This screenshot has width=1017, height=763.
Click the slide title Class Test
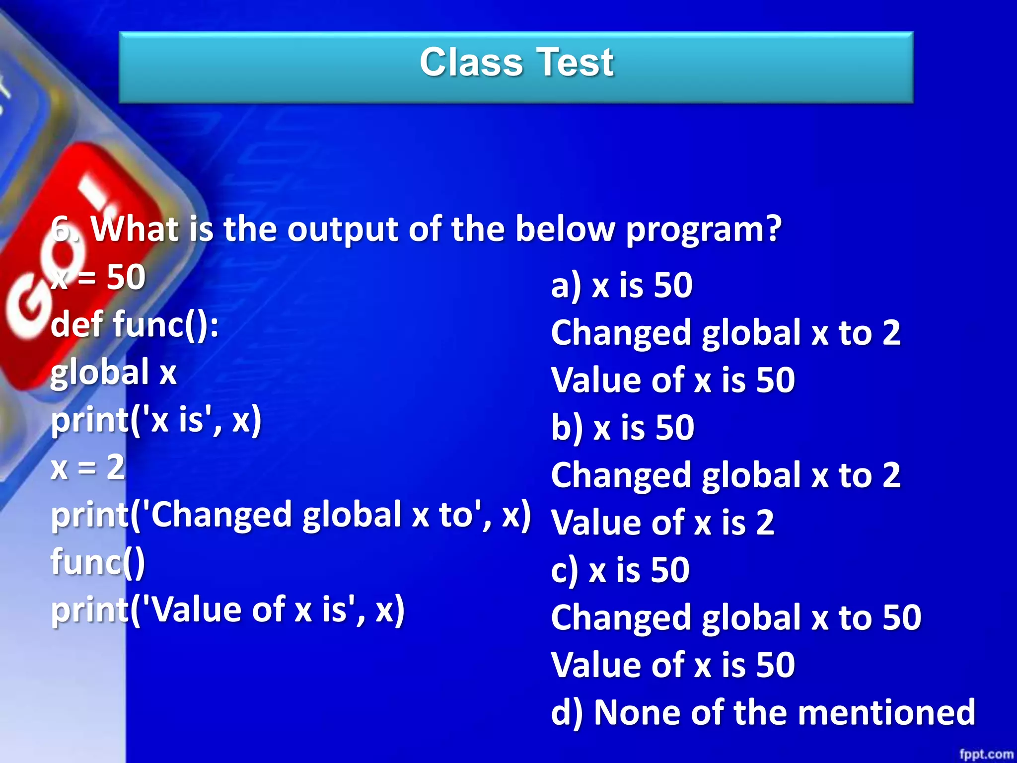(x=516, y=63)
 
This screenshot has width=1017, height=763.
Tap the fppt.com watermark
(x=986, y=754)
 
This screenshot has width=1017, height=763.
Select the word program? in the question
(x=703, y=229)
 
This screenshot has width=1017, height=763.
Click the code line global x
(x=114, y=373)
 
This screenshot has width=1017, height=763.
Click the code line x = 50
(x=98, y=277)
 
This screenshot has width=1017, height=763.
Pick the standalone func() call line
(x=98, y=562)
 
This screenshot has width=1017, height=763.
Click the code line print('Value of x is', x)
(x=228, y=610)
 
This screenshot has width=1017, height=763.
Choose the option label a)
(x=566, y=286)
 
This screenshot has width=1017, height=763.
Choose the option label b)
(x=567, y=428)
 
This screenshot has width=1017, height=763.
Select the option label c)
(x=565, y=570)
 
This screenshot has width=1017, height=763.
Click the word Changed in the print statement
(x=221, y=515)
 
